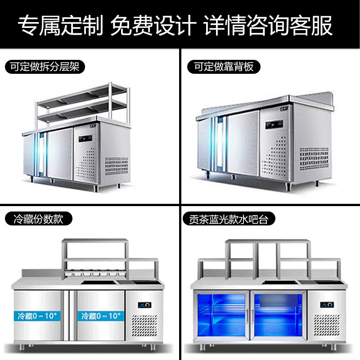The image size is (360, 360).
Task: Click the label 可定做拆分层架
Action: click(x=45, y=67)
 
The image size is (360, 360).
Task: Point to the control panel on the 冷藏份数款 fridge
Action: click(x=145, y=305)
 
